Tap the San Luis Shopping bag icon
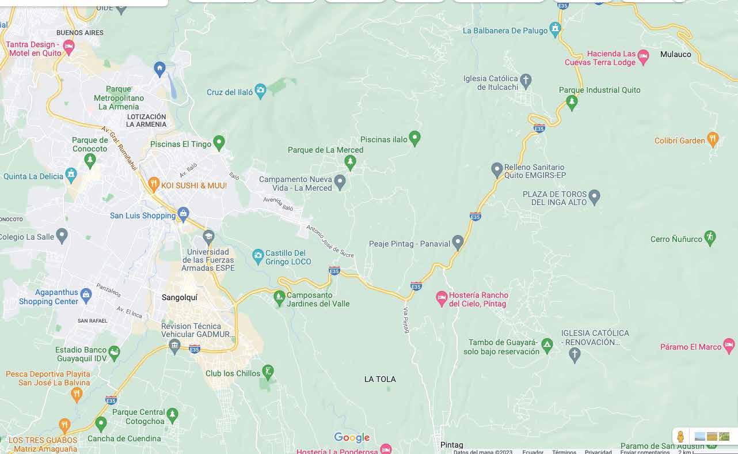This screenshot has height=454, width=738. click(183, 214)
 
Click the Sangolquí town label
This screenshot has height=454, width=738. click(180, 297)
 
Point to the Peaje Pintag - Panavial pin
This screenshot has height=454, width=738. click(458, 242)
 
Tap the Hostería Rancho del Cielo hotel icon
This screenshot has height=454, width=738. click(442, 298)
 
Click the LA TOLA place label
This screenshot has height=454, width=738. click(380, 379)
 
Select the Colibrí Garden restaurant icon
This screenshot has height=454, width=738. click(713, 139)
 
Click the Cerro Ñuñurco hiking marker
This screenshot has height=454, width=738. click(710, 237)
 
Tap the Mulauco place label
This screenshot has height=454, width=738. click(675, 54)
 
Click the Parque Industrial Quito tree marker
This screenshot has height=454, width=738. click(572, 102)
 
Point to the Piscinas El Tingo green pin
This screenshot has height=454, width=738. click(219, 142)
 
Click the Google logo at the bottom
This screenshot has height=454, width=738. click(352, 438)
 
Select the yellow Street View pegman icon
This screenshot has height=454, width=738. click(680, 436)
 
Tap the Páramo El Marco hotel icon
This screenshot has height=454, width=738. click(729, 346)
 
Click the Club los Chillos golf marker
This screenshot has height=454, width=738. click(268, 371)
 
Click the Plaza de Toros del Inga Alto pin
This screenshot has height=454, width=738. click(595, 196)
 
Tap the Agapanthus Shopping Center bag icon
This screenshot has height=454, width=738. click(86, 294)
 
